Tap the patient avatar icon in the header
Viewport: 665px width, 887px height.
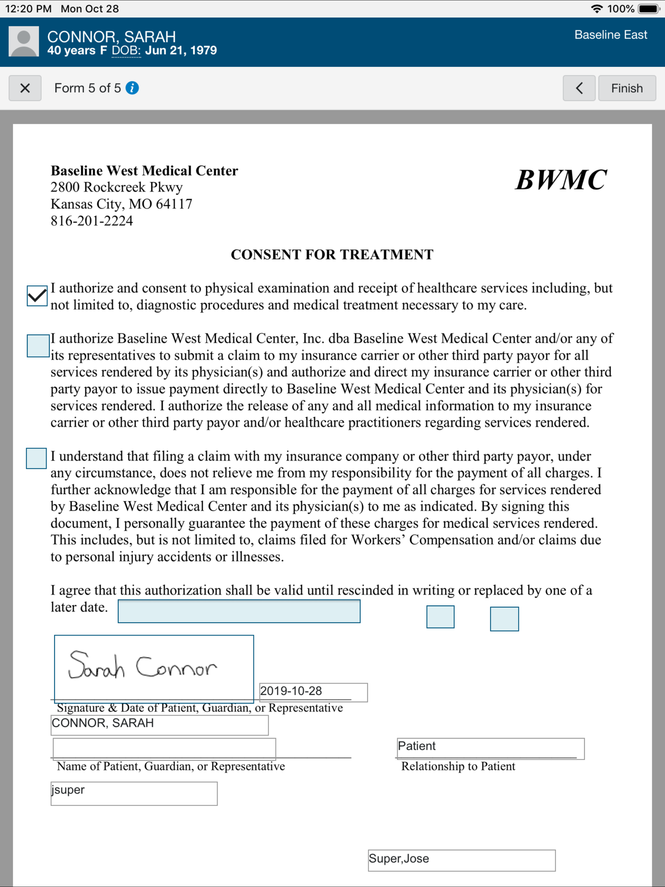pos(24,41)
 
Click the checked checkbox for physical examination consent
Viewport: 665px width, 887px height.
pos(37,296)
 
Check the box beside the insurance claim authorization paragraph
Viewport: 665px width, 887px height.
pos(38,346)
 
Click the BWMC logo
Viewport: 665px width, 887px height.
pos(560,179)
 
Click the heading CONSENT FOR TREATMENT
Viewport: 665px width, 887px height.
pos(332,255)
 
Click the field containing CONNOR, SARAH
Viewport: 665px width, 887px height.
pos(159,724)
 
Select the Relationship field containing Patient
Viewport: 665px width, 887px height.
pos(490,748)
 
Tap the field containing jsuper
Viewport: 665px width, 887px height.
pos(133,793)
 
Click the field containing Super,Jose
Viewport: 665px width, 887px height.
pos(461,860)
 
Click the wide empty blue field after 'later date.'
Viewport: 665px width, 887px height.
pos(239,611)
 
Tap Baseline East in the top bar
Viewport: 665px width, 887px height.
pos(610,35)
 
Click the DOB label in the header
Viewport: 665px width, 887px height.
pos(126,51)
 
